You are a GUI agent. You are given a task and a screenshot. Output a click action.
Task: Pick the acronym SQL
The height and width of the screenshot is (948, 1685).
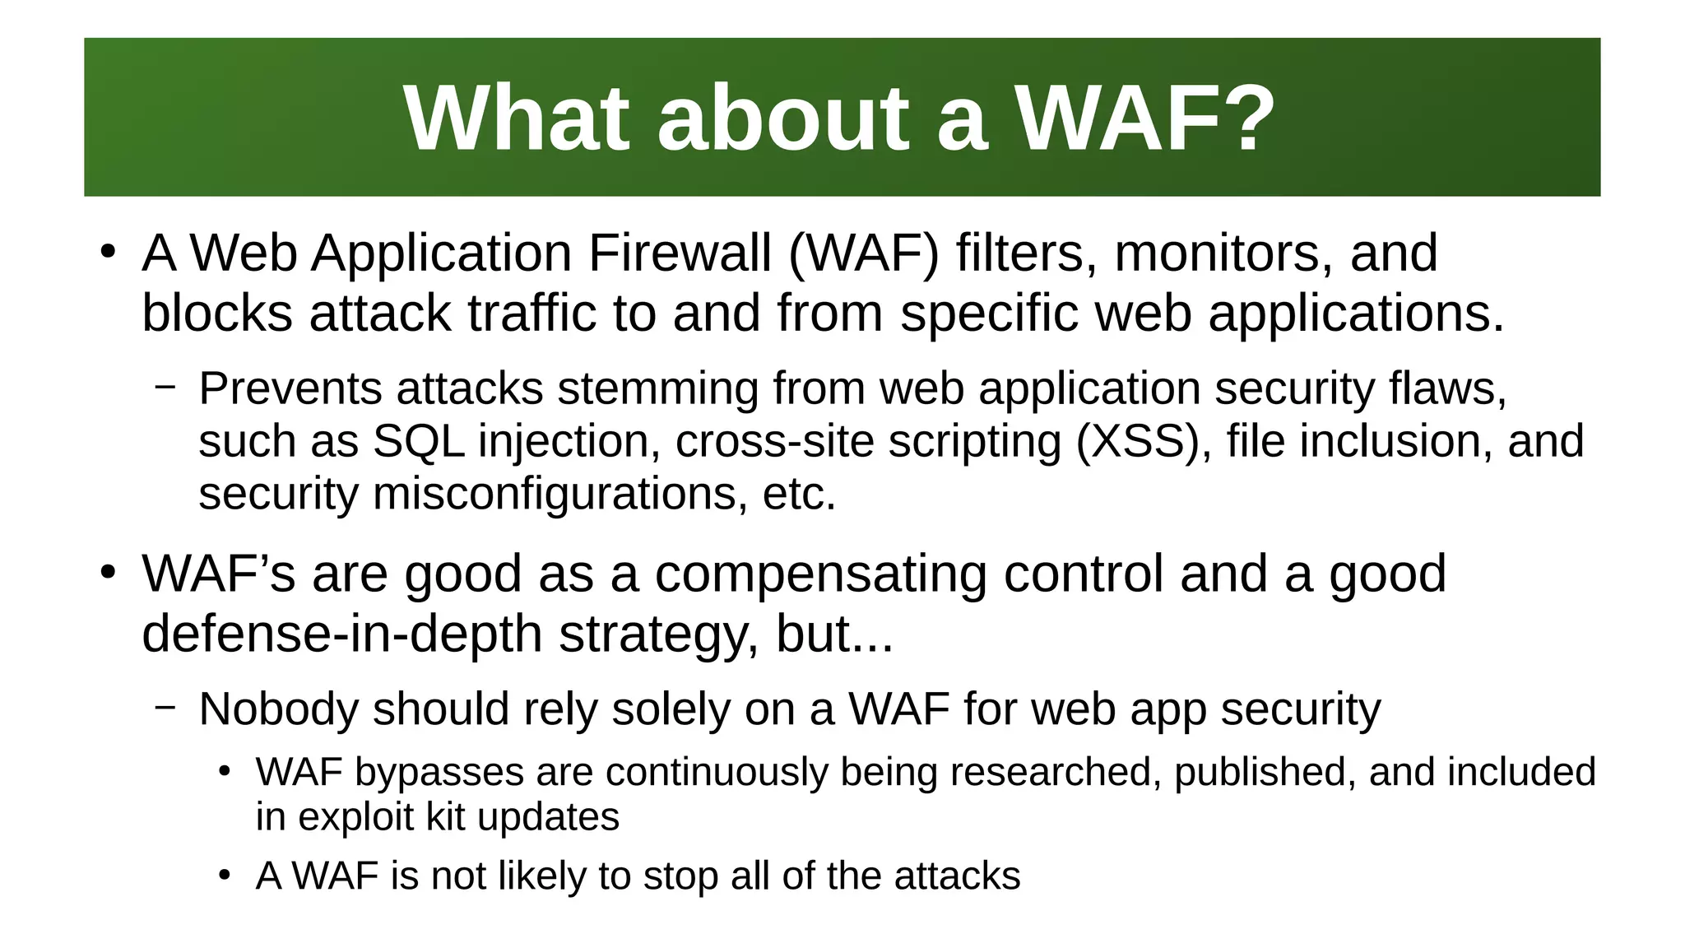pos(419,441)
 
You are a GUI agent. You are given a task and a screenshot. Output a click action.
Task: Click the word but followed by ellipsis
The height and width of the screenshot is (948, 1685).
pos(834,634)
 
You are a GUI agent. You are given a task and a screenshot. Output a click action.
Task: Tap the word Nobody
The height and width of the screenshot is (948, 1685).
pos(278,709)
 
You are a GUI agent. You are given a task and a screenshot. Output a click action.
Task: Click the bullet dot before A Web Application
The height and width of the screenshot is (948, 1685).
pos(108,252)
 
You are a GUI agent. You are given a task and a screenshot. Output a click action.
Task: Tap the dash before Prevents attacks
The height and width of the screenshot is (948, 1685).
pos(165,385)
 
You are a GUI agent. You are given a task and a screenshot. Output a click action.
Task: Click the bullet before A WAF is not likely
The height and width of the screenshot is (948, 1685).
pos(225,876)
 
